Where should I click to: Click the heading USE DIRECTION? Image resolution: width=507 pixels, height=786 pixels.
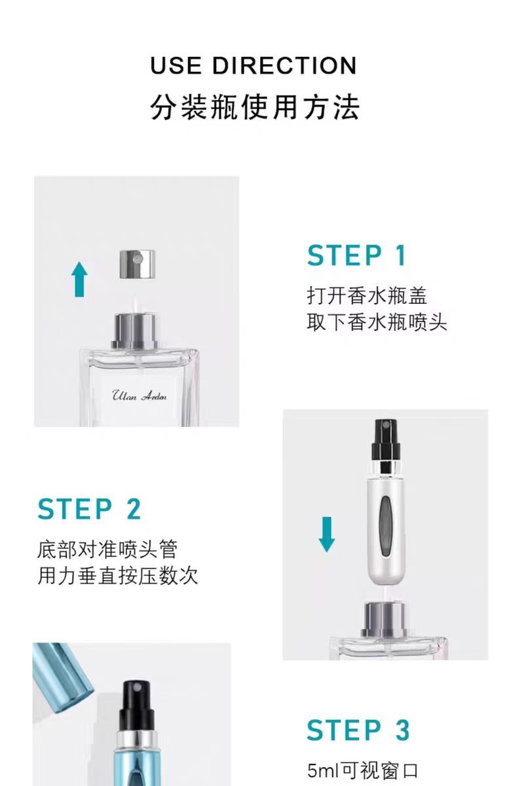tap(254, 65)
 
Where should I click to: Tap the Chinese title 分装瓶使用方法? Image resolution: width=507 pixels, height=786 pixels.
tap(255, 107)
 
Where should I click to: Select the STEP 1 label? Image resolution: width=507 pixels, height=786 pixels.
tap(356, 255)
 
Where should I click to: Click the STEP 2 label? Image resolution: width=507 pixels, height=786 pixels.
tap(89, 509)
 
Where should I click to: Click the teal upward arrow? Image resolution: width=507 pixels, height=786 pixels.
tap(80, 279)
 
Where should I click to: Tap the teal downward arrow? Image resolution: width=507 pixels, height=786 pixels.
tap(327, 534)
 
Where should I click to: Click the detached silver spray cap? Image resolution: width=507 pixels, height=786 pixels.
tap(137, 264)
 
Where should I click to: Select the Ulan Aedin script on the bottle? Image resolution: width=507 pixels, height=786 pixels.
tap(140, 396)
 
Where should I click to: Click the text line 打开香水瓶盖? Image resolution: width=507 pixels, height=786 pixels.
tap(367, 295)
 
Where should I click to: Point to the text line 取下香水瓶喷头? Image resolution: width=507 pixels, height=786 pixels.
tap(377, 322)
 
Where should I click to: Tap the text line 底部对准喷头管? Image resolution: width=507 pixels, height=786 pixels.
tap(107, 550)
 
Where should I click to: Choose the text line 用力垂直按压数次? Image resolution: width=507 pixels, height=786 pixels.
tap(117, 576)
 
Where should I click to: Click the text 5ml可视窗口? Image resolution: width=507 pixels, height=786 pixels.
tap(363, 770)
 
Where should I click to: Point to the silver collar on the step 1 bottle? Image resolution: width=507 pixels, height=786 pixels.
tap(135, 331)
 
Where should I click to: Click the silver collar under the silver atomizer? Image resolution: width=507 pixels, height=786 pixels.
tap(385, 618)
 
